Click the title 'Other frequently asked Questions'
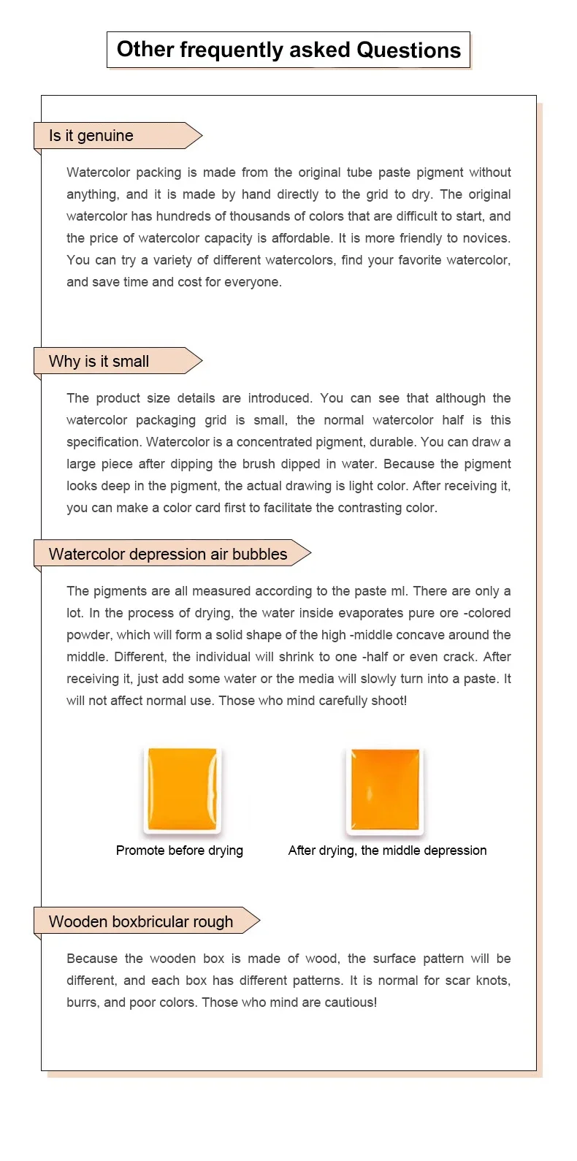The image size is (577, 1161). pos(288,50)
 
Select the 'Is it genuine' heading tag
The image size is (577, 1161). pos(91,136)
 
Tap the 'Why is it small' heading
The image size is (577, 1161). pos(99,362)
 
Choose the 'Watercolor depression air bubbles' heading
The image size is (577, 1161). pos(168,555)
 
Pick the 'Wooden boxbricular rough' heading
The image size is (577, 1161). pos(141,922)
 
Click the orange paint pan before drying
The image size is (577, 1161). pos(182,789)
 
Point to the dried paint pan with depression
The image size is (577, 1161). pos(385,789)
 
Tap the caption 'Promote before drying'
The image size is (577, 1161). pos(180,850)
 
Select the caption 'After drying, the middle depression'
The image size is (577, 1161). pos(387,850)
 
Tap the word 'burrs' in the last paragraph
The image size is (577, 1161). pos(83,1002)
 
